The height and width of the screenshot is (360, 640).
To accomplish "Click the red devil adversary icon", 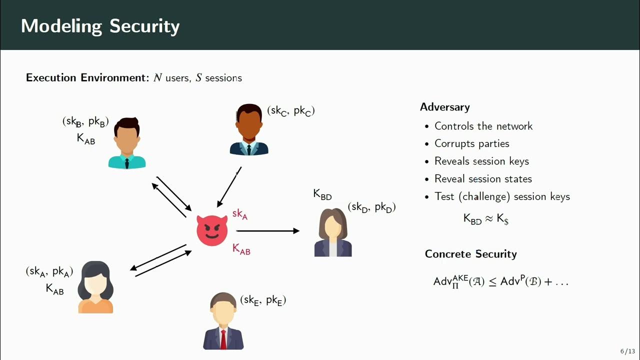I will [x=212, y=231].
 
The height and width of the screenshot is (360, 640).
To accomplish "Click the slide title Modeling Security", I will [x=100, y=26].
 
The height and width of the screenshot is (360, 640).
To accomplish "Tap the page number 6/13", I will [x=627, y=351].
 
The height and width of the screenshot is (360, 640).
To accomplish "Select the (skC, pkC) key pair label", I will [x=290, y=111].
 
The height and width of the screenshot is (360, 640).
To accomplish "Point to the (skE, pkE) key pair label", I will [x=263, y=300].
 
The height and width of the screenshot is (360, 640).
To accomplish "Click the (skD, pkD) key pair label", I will [x=371, y=207].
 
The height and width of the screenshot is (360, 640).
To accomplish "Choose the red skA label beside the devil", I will [x=240, y=214].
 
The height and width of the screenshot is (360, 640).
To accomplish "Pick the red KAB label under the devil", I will [x=241, y=249].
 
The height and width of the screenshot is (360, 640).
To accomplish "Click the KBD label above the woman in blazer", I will [x=322, y=194].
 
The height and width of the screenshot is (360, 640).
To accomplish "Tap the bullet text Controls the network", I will [x=483, y=126].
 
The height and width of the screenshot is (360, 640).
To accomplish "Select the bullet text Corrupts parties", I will [x=471, y=143].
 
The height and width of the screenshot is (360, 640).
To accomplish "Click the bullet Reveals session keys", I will [x=481, y=161].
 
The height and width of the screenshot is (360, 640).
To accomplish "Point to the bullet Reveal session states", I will [x=483, y=178].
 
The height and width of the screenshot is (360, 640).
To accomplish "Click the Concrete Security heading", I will [x=470, y=254].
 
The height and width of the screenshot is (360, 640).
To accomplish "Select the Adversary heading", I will [x=444, y=107].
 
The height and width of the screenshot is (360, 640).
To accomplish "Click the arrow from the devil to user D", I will [x=267, y=231].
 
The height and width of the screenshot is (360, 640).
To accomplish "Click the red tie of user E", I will [x=223, y=338].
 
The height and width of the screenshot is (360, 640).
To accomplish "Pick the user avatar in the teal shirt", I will [x=127, y=143].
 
